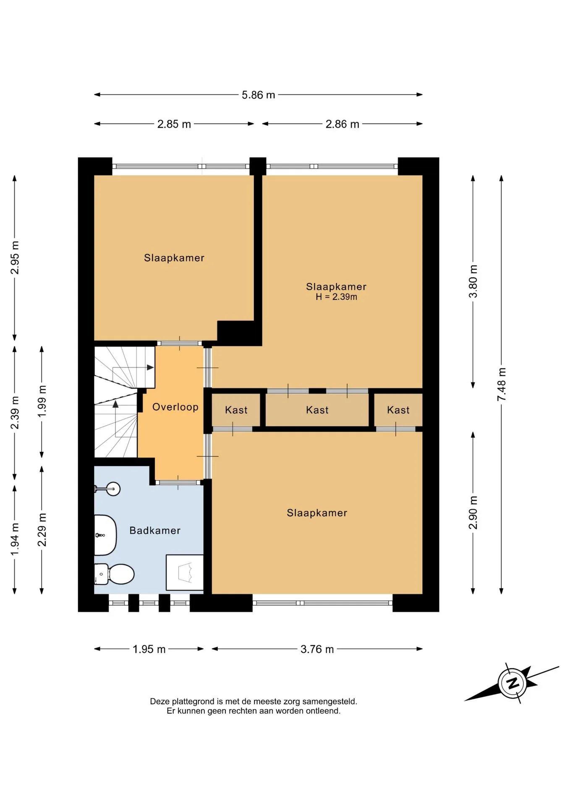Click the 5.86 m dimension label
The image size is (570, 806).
click(x=258, y=95)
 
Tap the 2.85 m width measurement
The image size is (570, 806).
click(x=174, y=124)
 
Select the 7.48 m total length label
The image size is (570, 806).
click(x=502, y=384)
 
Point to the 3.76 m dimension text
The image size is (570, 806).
click(x=317, y=649)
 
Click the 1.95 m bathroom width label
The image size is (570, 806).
click(x=149, y=649)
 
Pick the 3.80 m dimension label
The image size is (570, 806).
click(x=473, y=281)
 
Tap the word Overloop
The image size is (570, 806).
click(x=175, y=407)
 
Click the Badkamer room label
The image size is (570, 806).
click(x=155, y=531)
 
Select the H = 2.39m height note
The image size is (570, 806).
click(x=336, y=297)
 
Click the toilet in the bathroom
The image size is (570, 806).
click(x=114, y=574)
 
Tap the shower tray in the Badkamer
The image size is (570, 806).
click(x=185, y=573)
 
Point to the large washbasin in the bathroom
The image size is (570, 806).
click(x=105, y=535)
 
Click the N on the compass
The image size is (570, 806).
click(x=512, y=683)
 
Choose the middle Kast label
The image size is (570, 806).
click(x=317, y=410)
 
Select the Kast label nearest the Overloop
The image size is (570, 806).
click(x=236, y=410)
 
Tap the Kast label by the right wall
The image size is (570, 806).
click(x=398, y=410)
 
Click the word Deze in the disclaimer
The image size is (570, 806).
click(x=160, y=701)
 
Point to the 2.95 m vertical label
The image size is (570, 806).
click(x=15, y=258)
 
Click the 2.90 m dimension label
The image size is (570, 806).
click(x=473, y=513)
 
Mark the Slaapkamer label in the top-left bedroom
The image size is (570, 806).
click(x=174, y=258)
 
